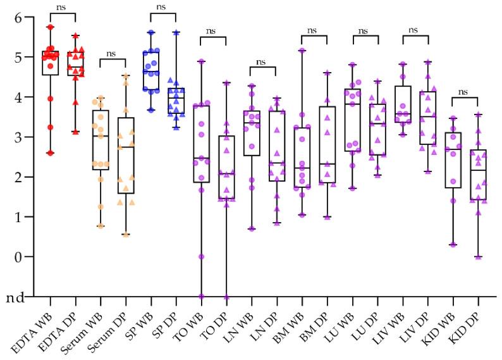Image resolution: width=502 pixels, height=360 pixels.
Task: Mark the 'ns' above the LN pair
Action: [263, 61]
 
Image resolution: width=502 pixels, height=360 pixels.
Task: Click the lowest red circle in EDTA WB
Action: [51, 153]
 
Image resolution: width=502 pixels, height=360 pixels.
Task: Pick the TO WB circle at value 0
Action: [202, 256]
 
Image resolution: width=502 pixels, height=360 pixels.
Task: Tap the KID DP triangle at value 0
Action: [478, 256]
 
